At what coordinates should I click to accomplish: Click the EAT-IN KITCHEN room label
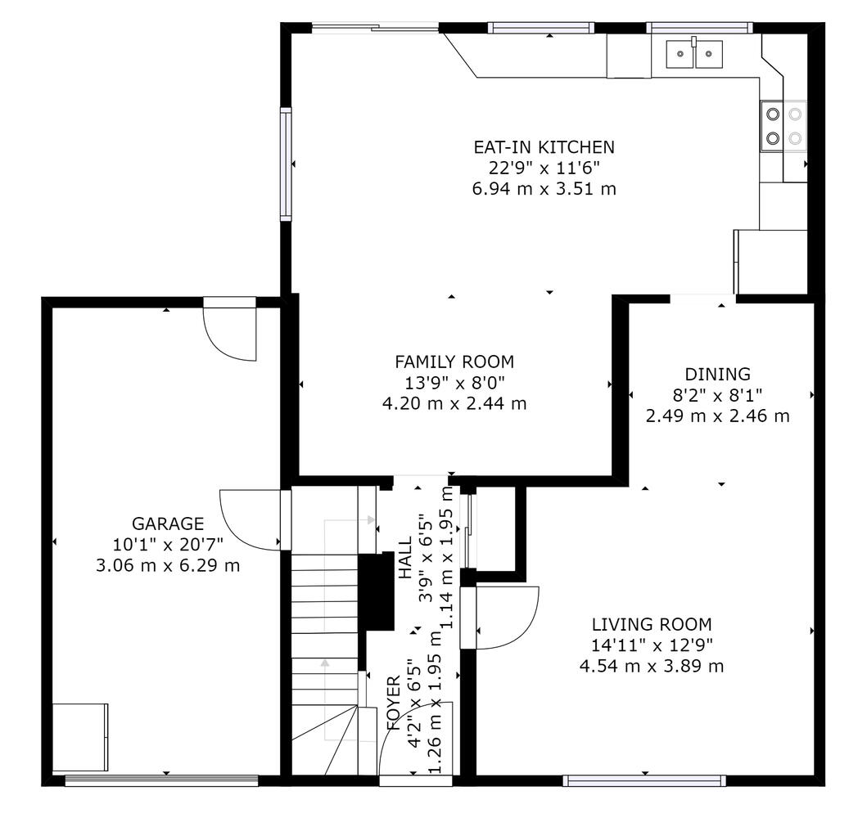(x=544, y=147)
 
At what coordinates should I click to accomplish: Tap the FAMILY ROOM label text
(x=454, y=362)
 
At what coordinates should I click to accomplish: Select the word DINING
(x=718, y=375)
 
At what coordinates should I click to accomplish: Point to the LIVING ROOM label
(x=652, y=625)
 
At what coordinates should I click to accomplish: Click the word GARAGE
(x=168, y=523)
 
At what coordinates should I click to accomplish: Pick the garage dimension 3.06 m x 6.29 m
(x=168, y=565)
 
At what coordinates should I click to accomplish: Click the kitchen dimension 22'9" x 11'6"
(x=544, y=168)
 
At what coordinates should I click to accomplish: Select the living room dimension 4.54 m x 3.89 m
(x=652, y=666)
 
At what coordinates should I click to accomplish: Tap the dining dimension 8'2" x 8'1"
(x=718, y=395)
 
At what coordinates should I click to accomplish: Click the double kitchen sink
(x=694, y=53)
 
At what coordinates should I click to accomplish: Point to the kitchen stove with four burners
(x=783, y=125)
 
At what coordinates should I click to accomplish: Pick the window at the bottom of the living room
(x=644, y=780)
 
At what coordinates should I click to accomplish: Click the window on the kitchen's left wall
(x=285, y=164)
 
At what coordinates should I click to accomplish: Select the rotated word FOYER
(x=393, y=703)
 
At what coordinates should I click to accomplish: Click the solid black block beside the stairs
(x=376, y=591)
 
